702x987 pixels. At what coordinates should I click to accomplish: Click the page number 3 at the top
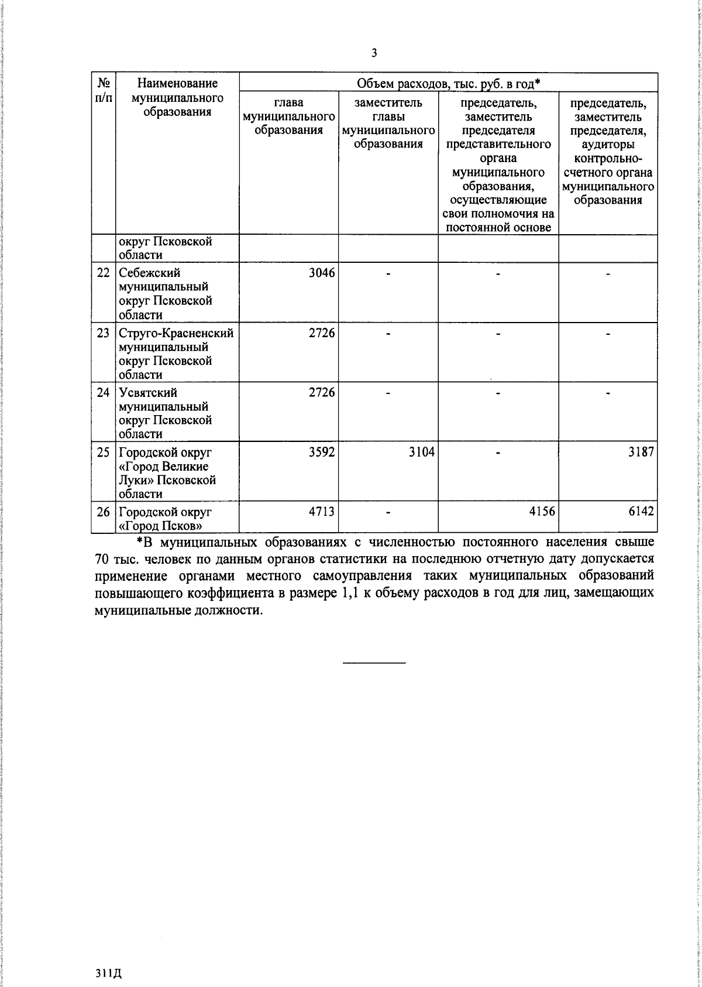tap(374, 53)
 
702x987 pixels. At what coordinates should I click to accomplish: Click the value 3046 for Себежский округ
tap(322, 273)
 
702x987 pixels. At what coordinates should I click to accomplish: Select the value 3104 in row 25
tap(421, 452)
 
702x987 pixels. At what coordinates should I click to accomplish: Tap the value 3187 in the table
tap(641, 452)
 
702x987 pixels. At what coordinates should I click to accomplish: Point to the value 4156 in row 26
tap(542, 512)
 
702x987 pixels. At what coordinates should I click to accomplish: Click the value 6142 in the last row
tap(641, 512)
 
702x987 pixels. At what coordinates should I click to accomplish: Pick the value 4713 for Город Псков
tap(322, 512)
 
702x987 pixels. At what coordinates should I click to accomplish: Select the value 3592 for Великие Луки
tap(322, 452)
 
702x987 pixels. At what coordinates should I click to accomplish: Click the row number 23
tap(104, 333)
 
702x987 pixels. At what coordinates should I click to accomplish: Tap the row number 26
tap(104, 512)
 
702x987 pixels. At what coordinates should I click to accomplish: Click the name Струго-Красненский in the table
tap(176, 333)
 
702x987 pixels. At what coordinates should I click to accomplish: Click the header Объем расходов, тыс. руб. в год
tap(448, 84)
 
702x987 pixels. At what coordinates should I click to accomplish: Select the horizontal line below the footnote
tap(374, 663)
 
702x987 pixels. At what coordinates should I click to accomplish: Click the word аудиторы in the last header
tap(608, 145)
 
